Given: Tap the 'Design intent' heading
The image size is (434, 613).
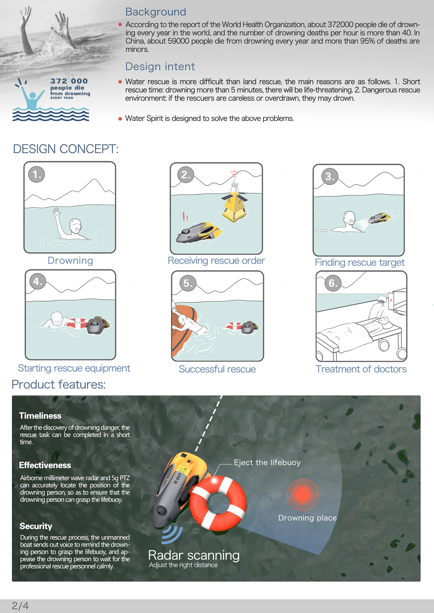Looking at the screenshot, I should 160,66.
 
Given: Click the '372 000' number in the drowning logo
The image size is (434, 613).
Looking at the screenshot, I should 69,81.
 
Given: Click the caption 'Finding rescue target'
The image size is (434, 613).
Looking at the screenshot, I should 359,262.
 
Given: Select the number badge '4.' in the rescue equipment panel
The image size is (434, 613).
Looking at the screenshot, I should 38,281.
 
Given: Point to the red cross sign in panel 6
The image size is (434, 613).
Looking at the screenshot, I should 391,300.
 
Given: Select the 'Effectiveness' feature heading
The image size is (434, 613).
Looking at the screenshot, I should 45,465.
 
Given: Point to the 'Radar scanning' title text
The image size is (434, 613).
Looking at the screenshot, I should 194,555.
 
